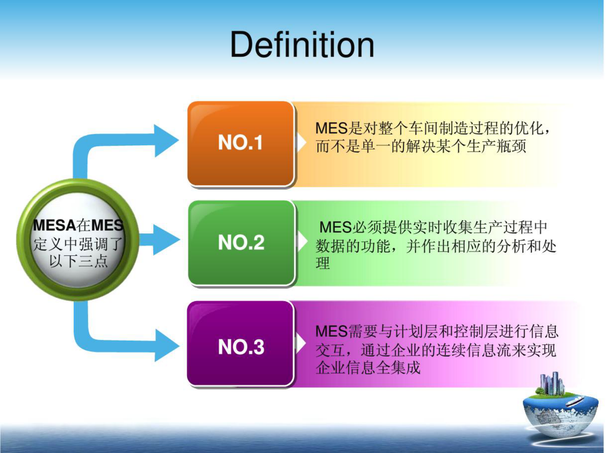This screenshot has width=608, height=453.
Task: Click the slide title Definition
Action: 302,45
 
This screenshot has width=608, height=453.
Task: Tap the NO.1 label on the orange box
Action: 240,143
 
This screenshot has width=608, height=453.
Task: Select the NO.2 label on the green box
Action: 241,243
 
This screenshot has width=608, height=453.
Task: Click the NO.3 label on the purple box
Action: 241,347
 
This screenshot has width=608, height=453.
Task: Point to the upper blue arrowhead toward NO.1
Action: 166,141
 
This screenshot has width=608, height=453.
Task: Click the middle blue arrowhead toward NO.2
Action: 166,240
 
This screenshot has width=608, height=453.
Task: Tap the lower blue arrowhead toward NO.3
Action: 166,345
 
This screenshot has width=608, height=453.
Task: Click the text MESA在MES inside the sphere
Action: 78,225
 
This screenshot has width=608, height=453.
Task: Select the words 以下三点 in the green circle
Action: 78,261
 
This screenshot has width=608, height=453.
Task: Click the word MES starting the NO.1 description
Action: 331,128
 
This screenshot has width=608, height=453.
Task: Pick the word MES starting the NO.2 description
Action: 335,228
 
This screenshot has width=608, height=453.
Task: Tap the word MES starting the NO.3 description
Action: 331,332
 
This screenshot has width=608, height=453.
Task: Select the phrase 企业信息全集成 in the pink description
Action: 368,368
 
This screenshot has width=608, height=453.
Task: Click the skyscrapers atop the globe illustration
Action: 552,383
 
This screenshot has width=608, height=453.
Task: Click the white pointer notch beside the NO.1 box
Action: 302,143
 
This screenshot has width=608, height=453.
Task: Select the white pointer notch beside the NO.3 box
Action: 301,344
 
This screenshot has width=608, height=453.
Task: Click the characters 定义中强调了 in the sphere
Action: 78,244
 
